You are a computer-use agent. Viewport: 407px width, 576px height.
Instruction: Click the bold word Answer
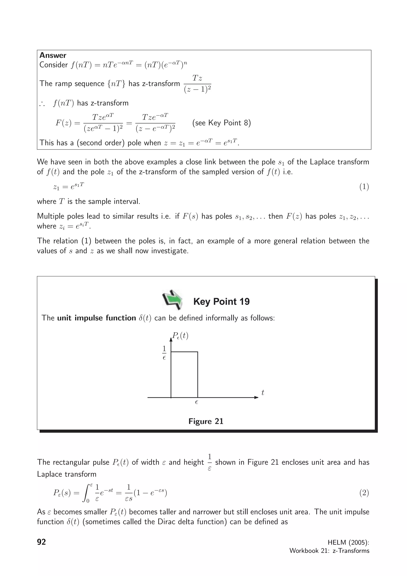coord(53,55)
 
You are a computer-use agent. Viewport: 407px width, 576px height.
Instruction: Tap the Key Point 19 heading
coord(221,302)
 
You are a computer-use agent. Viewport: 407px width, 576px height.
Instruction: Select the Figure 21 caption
coord(206,421)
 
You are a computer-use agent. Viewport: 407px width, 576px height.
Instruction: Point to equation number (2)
coord(364,493)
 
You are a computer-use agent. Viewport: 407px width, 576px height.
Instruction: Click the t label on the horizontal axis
coord(263,393)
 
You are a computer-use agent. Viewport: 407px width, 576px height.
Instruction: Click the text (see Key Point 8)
coord(221,123)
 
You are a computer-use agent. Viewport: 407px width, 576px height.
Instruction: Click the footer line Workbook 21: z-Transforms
coord(329,551)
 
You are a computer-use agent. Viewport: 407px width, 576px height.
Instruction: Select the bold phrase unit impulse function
coord(97,318)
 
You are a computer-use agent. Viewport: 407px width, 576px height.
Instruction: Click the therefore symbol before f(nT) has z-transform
coord(42,104)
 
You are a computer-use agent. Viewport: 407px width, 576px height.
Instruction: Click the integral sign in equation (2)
coord(86,493)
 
